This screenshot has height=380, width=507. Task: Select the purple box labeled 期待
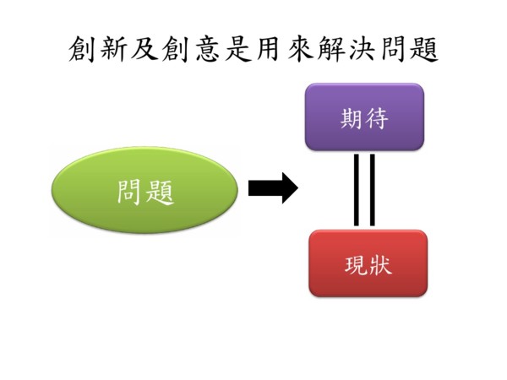pos(364,117)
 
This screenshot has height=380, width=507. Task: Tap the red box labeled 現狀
pos(368,263)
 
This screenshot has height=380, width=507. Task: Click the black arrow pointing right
pos(272,188)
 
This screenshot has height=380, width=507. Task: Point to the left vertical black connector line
pos(357,190)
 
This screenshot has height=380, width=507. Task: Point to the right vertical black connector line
pos(372,190)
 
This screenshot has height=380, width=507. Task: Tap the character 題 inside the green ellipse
pos(159,193)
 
